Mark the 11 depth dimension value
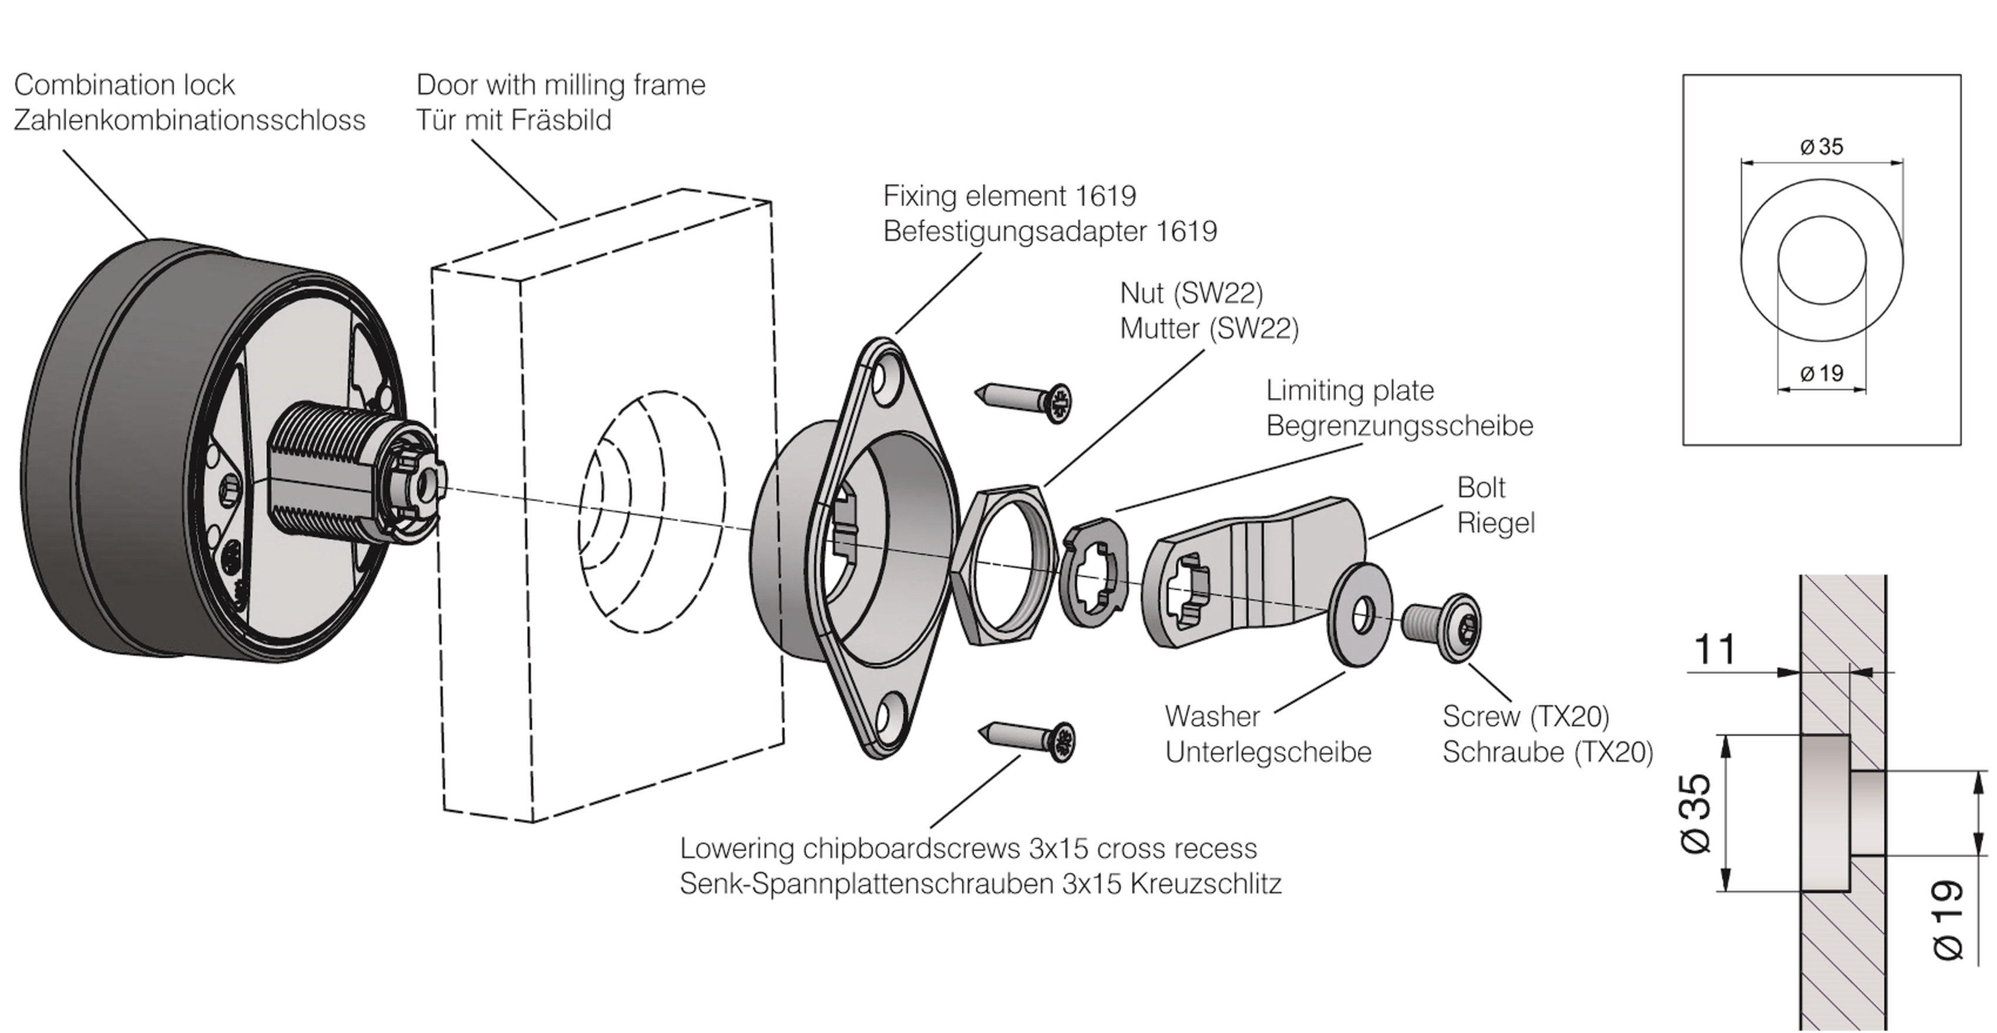(x=1715, y=650)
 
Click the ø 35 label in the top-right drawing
(x=1822, y=146)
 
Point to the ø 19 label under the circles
(x=1822, y=374)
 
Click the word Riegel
(x=1496, y=524)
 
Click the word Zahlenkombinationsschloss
(x=190, y=120)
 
